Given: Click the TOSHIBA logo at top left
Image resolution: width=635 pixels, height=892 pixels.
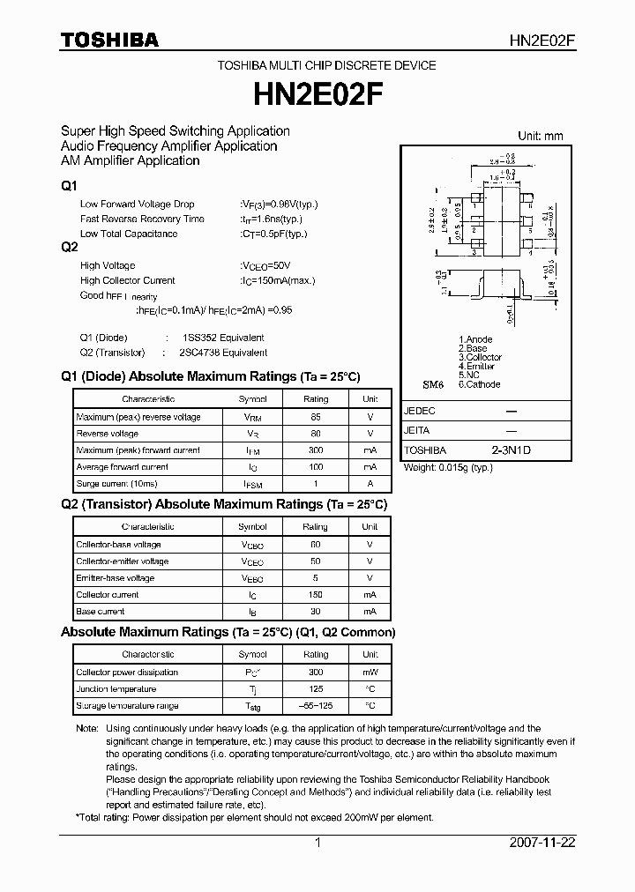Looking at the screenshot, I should point(109,40).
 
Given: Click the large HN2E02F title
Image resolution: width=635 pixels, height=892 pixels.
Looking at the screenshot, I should point(317,93).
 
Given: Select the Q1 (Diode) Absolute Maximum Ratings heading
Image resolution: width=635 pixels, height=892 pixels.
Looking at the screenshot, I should point(210,376).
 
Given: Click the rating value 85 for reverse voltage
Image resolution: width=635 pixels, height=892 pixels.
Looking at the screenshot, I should point(315,417).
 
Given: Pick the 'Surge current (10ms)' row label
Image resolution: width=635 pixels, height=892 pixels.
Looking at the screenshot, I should point(116,484).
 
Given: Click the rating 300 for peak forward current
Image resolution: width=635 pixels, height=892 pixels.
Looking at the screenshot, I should point(315,450).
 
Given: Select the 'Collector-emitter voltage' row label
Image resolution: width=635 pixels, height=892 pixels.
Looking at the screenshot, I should point(122,561).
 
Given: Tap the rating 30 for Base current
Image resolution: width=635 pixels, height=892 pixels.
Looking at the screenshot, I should point(315,612).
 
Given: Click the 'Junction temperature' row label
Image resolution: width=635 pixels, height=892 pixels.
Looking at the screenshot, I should point(116,689).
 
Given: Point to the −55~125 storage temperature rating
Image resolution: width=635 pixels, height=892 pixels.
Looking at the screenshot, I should point(315,706).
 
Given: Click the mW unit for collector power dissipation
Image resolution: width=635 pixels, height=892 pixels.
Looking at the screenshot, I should point(370,673).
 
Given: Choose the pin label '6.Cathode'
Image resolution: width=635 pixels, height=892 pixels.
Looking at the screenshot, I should point(479,384).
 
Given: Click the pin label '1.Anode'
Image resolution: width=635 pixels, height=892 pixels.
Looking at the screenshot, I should point(475,339).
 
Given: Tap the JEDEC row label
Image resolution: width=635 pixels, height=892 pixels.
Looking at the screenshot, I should point(419,412).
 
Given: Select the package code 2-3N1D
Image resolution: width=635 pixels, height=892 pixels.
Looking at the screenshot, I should point(512,450).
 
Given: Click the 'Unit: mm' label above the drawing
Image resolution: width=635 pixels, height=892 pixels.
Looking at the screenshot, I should point(540,136).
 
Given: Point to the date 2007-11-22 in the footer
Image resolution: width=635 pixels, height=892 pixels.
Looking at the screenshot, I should point(542,843).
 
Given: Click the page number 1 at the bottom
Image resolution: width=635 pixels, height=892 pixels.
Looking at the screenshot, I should point(317,843).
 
